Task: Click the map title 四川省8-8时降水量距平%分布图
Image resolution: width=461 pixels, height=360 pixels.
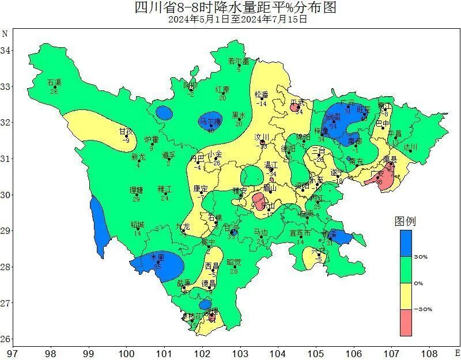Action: tap(234, 7)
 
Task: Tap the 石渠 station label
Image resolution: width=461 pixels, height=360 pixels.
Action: tap(54, 83)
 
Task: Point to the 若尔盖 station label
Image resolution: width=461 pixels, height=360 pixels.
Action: tap(239, 61)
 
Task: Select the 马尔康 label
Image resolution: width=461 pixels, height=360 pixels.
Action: tap(210, 122)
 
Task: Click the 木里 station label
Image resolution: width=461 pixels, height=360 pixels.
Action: tap(157, 257)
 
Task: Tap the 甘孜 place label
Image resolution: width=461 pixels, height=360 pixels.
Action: tap(127, 131)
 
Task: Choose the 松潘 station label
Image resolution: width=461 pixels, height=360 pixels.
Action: tap(262, 94)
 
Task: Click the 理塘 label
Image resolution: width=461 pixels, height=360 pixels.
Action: tap(136, 190)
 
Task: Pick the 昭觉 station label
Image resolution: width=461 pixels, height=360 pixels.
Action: tap(233, 262)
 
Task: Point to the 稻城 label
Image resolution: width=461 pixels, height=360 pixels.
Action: tap(137, 225)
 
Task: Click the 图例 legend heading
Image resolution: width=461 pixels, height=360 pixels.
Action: tap(405, 221)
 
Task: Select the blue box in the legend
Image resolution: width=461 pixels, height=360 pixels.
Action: tap(406, 243)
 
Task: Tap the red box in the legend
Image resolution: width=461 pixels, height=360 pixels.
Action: tap(406, 322)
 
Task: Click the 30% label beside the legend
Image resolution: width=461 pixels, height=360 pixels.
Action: tap(421, 257)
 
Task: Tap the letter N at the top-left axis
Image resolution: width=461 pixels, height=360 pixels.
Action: tap(5, 33)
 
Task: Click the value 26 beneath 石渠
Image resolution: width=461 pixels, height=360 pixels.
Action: tap(54, 92)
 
